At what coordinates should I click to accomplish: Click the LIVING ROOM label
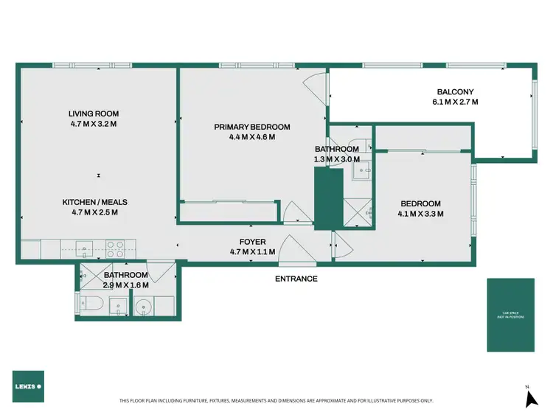(94, 114)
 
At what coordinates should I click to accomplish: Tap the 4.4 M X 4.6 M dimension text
(252, 136)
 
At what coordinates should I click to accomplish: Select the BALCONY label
(455, 92)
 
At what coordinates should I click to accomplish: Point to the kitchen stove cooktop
(115, 248)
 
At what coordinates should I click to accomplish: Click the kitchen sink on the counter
(83, 248)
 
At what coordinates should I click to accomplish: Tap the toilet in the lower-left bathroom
(91, 304)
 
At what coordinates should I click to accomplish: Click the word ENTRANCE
(296, 279)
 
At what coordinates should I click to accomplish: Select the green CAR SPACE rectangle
(510, 315)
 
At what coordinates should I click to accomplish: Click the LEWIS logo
(28, 386)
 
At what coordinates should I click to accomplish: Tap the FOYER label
(252, 242)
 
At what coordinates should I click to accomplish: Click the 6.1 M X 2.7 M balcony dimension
(455, 102)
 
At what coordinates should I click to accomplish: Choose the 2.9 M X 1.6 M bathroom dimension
(125, 285)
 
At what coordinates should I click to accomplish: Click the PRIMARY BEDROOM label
(252, 127)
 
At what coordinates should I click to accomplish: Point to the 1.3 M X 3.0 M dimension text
(337, 158)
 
